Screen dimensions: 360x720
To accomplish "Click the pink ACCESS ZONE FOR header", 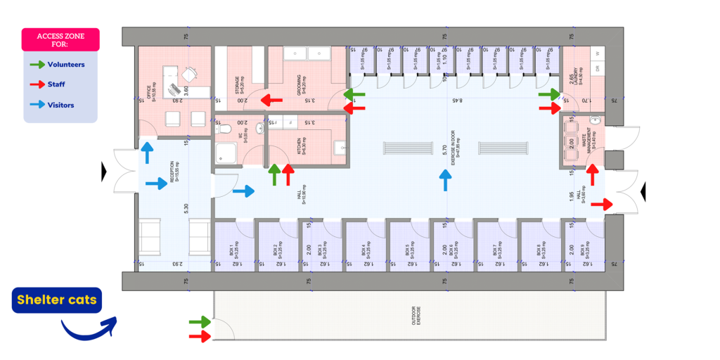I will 60,39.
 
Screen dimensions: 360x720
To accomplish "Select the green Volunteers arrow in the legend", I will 37,65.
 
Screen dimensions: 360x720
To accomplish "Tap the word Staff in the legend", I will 56,84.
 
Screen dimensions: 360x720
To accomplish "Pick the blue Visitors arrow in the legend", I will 37,105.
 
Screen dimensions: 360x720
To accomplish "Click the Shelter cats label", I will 57,301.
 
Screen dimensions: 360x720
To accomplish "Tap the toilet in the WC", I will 226,129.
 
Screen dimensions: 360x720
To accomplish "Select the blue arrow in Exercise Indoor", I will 444,180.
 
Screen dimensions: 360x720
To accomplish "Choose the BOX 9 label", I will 583,250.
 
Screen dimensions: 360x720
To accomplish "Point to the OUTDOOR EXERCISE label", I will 414,313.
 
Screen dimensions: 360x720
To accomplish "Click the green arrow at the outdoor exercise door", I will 200,323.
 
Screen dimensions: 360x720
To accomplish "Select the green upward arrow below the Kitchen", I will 274,174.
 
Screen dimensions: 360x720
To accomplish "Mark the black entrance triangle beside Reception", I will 104,170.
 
